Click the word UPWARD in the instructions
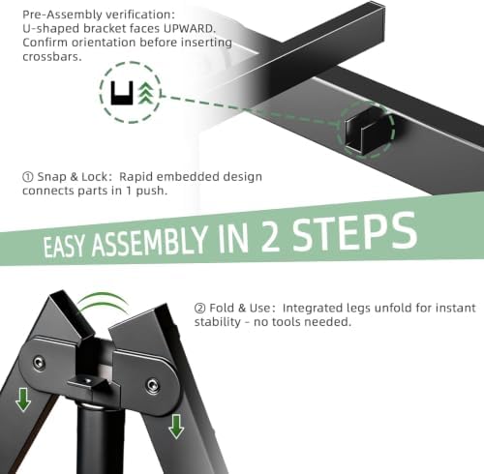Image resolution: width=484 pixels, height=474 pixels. (189, 28)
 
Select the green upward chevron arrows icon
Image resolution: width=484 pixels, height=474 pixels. (146, 93)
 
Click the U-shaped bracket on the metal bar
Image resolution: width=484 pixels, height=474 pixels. (367, 130)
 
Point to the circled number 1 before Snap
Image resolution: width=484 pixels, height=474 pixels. (28, 177)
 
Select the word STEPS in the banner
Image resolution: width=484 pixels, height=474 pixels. (354, 231)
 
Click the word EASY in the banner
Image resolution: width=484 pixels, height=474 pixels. (64, 247)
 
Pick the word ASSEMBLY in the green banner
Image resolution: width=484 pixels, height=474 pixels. (149, 241)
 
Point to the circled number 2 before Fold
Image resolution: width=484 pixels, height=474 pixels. (199, 308)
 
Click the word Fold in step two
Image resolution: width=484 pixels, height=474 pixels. (223, 308)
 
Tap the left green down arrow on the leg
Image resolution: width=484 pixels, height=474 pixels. (23, 400)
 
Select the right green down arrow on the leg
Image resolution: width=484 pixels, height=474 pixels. (176, 427)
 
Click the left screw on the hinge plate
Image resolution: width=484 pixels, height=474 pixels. (39, 363)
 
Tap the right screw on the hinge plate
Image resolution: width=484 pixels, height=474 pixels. (152, 386)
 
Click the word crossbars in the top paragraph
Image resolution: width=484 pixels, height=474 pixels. (51, 57)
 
